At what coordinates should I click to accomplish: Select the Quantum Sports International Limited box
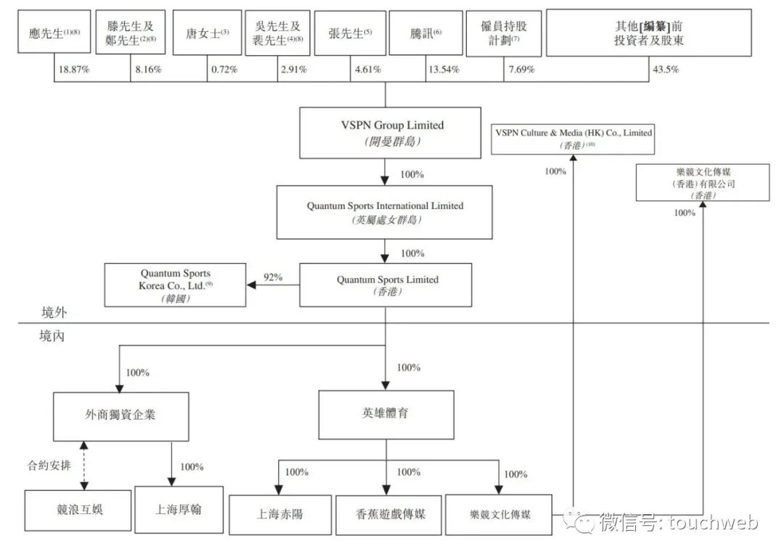click(385, 212)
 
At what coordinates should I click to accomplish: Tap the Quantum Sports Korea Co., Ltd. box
click(176, 285)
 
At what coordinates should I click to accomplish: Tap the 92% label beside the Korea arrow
click(273, 277)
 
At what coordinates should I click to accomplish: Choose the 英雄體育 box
click(385, 415)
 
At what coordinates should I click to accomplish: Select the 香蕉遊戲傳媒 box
click(385, 514)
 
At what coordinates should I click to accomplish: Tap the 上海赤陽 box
click(279, 514)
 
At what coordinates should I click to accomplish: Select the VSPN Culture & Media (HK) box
click(573, 138)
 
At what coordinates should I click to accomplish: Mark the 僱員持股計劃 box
click(504, 33)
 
